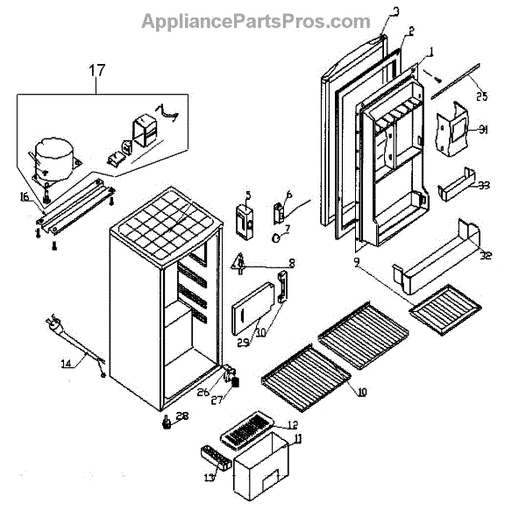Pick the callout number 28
[x=181, y=415]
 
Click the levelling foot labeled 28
[x=166, y=426]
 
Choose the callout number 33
[x=483, y=185]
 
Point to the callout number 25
[x=481, y=95]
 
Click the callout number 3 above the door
[x=395, y=11]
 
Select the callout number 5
[x=247, y=195]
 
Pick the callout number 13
[x=208, y=477]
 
